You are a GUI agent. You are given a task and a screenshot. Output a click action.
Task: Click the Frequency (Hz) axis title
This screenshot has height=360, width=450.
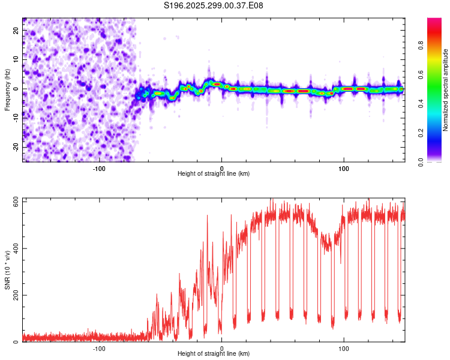click(x=7, y=89)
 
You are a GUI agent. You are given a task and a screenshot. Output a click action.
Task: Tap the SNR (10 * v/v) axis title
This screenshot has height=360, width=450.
click(x=7, y=270)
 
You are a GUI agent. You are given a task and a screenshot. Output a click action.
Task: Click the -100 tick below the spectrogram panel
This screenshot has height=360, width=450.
click(x=100, y=169)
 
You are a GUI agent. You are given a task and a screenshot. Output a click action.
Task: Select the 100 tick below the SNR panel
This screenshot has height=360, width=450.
click(x=344, y=349)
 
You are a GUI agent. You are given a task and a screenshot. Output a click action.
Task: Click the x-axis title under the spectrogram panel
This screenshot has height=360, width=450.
click(x=214, y=174)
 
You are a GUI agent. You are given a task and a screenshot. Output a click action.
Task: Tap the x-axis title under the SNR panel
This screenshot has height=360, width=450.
click(x=214, y=354)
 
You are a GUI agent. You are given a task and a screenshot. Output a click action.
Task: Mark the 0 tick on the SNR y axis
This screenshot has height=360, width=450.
click(x=16, y=342)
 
